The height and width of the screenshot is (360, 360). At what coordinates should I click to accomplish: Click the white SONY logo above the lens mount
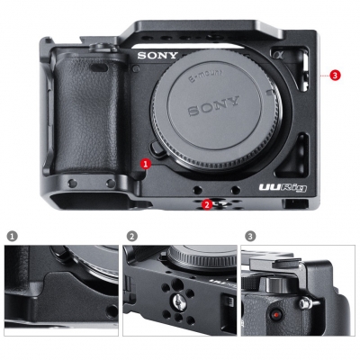157,56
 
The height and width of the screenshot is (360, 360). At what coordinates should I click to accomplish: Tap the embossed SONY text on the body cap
214,106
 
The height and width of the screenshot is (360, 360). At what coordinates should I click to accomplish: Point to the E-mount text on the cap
205,76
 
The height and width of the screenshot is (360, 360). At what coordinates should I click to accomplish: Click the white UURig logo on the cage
283,188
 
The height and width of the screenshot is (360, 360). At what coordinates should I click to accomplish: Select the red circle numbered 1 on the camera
146,164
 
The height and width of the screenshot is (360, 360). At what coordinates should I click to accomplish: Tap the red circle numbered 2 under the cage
207,204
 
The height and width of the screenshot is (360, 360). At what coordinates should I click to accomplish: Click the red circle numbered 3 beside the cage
335,75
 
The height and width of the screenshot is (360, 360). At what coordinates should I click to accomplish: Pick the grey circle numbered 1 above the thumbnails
12,236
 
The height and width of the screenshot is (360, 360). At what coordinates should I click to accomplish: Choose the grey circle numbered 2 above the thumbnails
132,236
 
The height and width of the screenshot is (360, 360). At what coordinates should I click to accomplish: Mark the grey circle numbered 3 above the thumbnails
250,236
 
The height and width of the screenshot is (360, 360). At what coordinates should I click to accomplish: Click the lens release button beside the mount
157,148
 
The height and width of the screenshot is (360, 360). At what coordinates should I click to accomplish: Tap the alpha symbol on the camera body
276,54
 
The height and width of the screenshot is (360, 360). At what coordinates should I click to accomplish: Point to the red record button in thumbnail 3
275,315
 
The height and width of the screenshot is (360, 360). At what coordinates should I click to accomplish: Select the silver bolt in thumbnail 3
306,303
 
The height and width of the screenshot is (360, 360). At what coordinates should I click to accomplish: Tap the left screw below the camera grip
72,184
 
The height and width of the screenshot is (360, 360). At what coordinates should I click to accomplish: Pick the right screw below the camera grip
111,184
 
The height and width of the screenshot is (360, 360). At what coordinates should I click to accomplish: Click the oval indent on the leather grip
99,68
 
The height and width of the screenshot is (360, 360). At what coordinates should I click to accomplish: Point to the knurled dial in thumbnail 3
275,285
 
